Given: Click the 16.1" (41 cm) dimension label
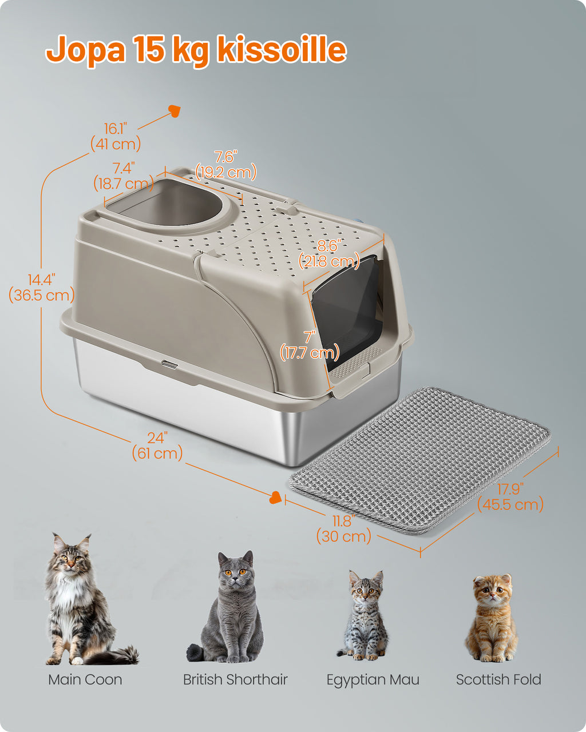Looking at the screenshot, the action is [116, 137].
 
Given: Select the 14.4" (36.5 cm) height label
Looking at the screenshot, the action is [42, 288].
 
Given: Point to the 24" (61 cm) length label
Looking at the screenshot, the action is [157, 446].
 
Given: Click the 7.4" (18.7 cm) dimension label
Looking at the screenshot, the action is [124, 176].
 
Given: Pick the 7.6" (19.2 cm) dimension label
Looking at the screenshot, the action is [225, 165].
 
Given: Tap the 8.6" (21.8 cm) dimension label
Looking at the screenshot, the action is [329, 254].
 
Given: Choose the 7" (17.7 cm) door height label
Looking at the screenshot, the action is [310, 345].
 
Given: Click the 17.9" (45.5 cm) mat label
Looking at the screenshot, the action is [510, 497].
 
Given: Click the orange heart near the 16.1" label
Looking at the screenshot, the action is [175, 111].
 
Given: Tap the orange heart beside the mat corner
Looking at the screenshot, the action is [275, 498].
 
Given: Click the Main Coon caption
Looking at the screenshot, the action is [85, 679].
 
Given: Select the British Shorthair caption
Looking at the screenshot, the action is [235, 679].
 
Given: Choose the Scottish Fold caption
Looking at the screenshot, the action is [498, 679].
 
